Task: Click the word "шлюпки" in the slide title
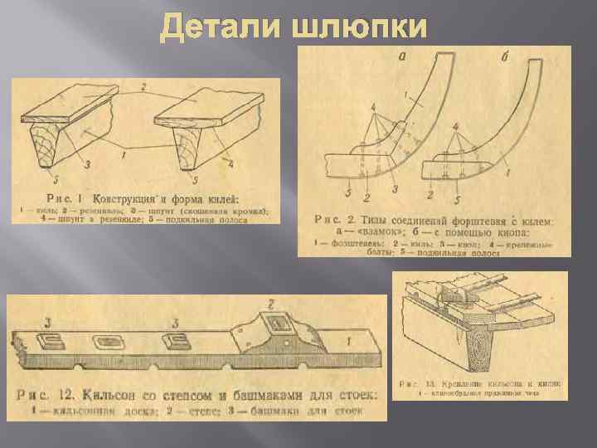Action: click(x=361, y=27)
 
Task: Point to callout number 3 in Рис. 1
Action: click(x=87, y=163)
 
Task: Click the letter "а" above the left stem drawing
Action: click(x=405, y=56)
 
